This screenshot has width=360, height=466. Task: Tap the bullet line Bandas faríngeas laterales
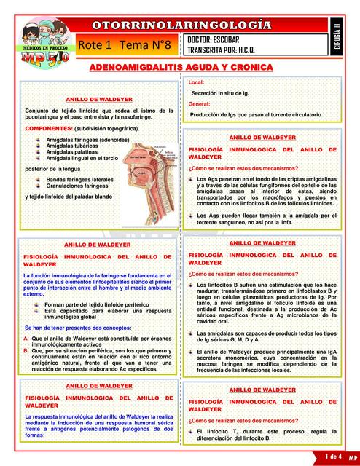coord(79,179)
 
